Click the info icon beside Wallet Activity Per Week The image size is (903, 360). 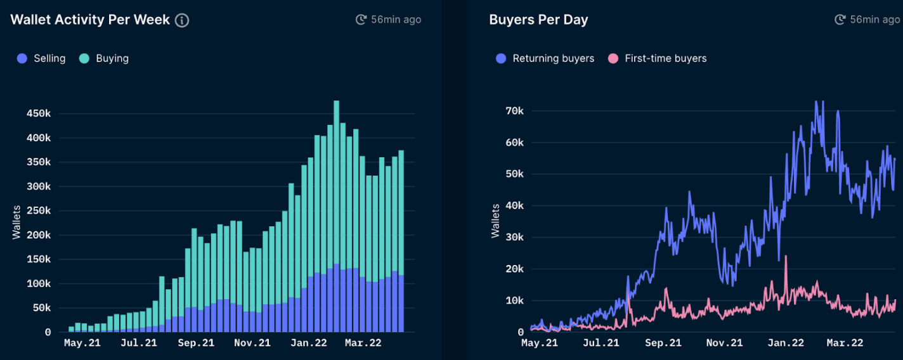click(x=182, y=20)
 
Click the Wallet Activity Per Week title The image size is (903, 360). click(x=90, y=20)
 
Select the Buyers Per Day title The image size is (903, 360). click(x=538, y=20)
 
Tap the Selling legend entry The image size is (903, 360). click(x=42, y=58)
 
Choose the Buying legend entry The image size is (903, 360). click(x=105, y=58)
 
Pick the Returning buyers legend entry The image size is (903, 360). click(x=546, y=58)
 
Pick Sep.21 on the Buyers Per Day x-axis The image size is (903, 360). click(x=663, y=343)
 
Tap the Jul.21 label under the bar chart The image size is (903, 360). click(x=138, y=343)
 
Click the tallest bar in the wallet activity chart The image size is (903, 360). click(x=336, y=215)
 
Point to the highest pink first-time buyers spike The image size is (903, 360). click(x=786, y=257)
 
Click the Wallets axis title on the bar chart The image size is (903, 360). click(x=17, y=222)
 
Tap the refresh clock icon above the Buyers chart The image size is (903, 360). click(x=840, y=20)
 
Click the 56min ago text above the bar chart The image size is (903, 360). click(x=396, y=20)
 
